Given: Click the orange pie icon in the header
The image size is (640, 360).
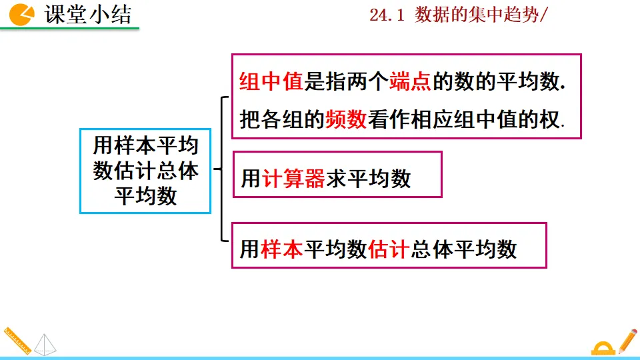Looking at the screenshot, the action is [x=22, y=13].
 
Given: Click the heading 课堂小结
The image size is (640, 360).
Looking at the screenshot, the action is [x=88, y=14].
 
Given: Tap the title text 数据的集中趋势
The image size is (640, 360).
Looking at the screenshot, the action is [x=475, y=15].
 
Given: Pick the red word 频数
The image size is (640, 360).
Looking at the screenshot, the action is [x=346, y=119].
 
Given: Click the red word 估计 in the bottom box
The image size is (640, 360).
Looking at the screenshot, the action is [x=388, y=249].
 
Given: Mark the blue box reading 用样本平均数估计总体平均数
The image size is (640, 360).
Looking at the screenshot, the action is [x=145, y=171].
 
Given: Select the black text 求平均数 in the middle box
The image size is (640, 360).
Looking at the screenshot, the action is [x=368, y=178].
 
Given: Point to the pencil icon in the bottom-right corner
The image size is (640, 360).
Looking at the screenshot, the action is [x=627, y=341].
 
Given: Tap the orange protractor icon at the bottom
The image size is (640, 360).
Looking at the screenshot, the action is [x=602, y=347].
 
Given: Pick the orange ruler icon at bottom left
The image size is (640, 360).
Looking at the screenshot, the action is [x=16, y=340].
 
